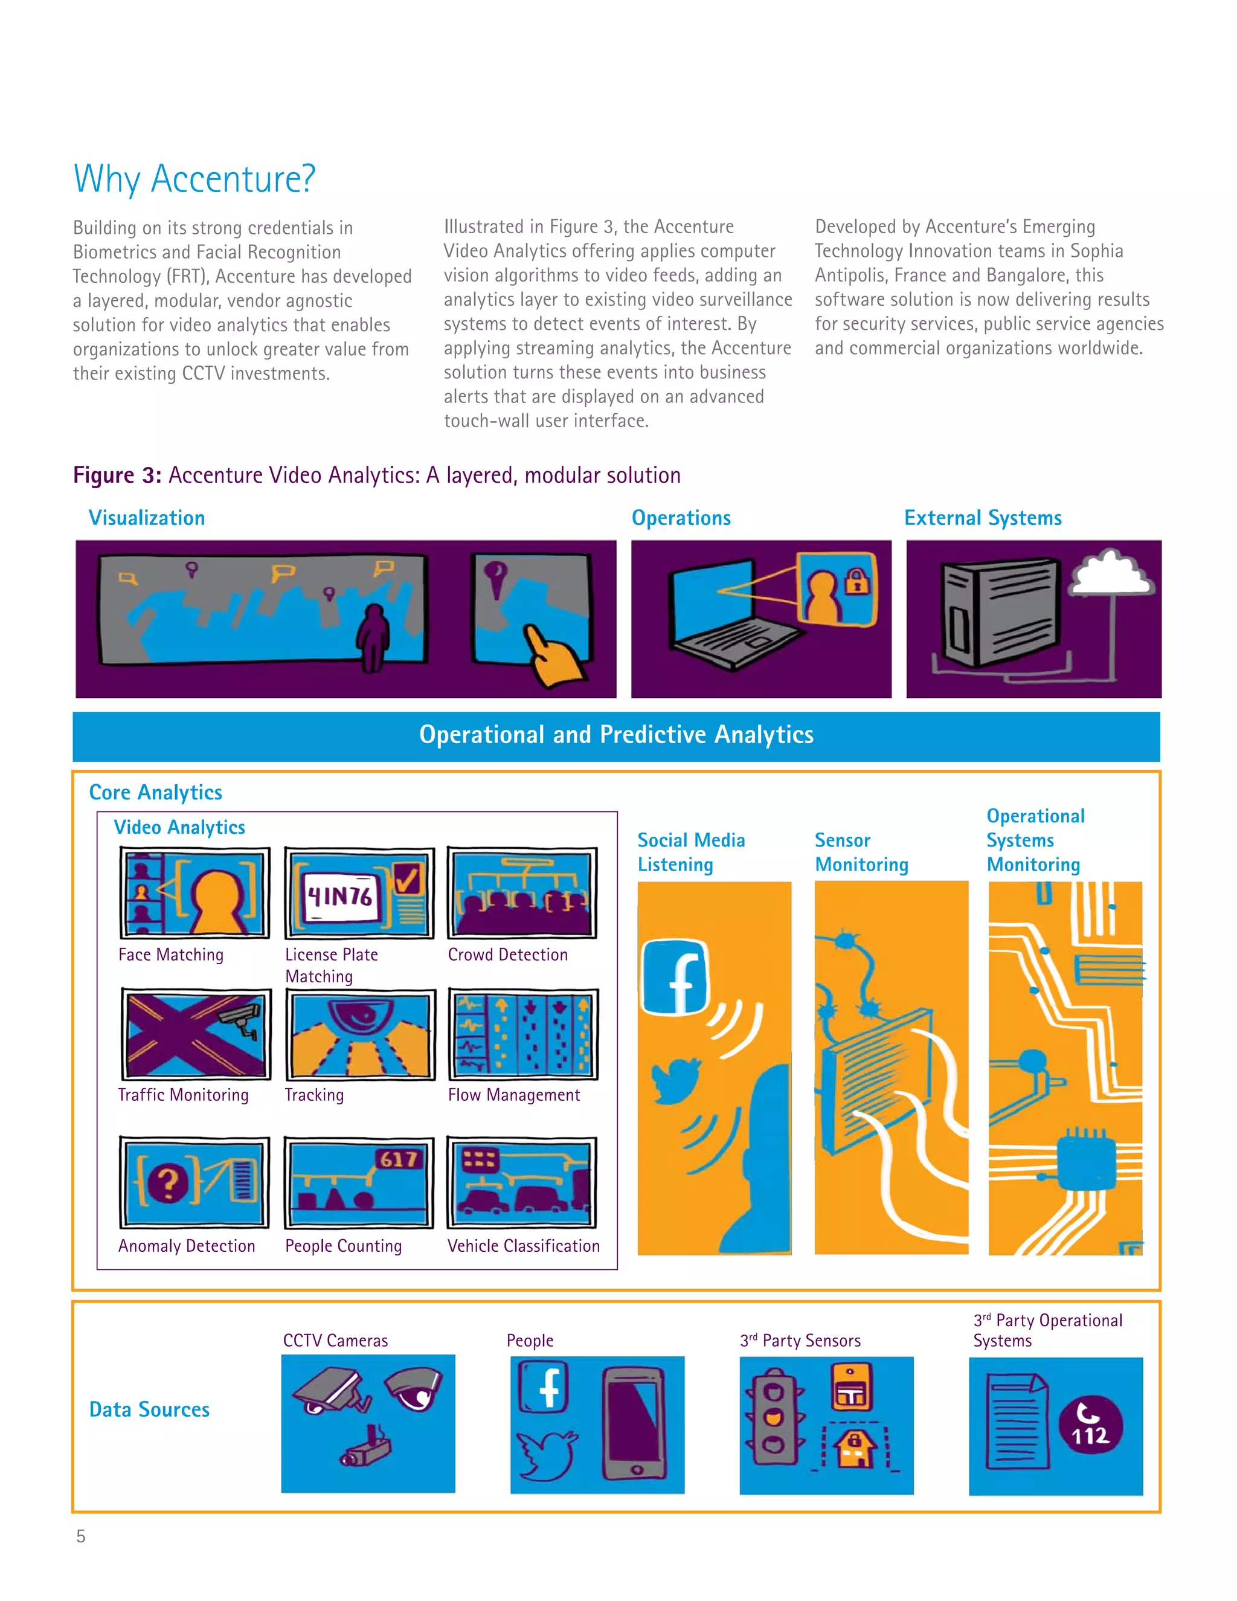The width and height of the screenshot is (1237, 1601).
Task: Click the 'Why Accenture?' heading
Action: click(194, 178)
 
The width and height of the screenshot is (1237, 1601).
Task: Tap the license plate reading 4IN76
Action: click(340, 896)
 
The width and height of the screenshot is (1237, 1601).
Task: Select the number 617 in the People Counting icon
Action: click(399, 1159)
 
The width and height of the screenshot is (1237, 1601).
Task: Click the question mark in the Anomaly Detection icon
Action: click(168, 1182)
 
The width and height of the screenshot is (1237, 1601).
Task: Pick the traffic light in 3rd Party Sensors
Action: click(773, 1416)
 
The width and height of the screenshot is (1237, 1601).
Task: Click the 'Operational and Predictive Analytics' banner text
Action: click(616, 735)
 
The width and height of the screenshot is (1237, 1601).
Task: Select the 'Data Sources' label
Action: click(150, 1409)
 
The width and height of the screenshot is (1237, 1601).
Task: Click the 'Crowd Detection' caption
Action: click(508, 955)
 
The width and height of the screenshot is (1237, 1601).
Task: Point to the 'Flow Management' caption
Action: click(514, 1095)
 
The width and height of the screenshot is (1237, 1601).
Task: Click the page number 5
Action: click(80, 1536)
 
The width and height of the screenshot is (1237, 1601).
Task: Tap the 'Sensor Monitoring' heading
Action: click(861, 852)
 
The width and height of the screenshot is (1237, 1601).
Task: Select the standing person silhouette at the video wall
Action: click(374, 636)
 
